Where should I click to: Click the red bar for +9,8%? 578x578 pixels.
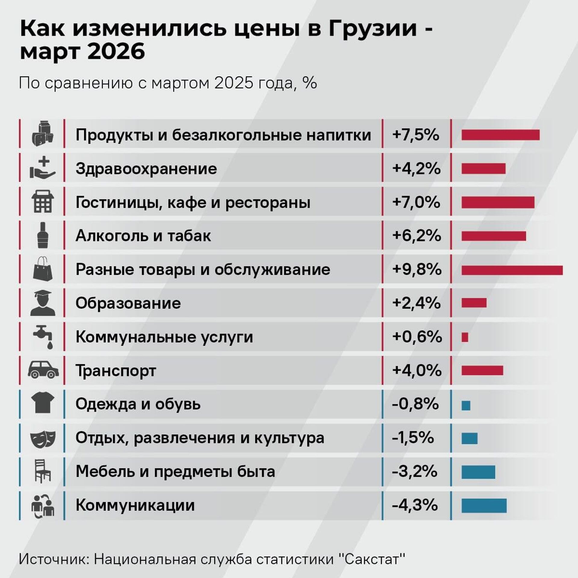click(x=512, y=270)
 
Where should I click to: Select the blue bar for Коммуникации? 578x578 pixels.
click(x=484, y=506)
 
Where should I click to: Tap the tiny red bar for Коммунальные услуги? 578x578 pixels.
click(x=465, y=337)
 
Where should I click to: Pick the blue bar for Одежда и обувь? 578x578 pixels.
click(x=466, y=406)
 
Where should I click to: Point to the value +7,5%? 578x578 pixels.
click(x=416, y=135)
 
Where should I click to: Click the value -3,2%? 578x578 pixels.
click(x=415, y=471)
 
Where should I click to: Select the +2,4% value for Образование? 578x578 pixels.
click(x=416, y=303)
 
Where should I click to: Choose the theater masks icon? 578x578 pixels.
click(x=43, y=438)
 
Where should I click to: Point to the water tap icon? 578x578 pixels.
click(x=43, y=336)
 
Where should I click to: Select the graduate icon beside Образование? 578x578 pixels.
click(x=43, y=303)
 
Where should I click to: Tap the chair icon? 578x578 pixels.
click(x=43, y=471)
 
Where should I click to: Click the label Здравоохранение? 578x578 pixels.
click(x=146, y=169)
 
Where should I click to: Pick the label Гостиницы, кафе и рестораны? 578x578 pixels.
click(x=193, y=202)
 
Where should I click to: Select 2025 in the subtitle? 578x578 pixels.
click(x=234, y=83)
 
